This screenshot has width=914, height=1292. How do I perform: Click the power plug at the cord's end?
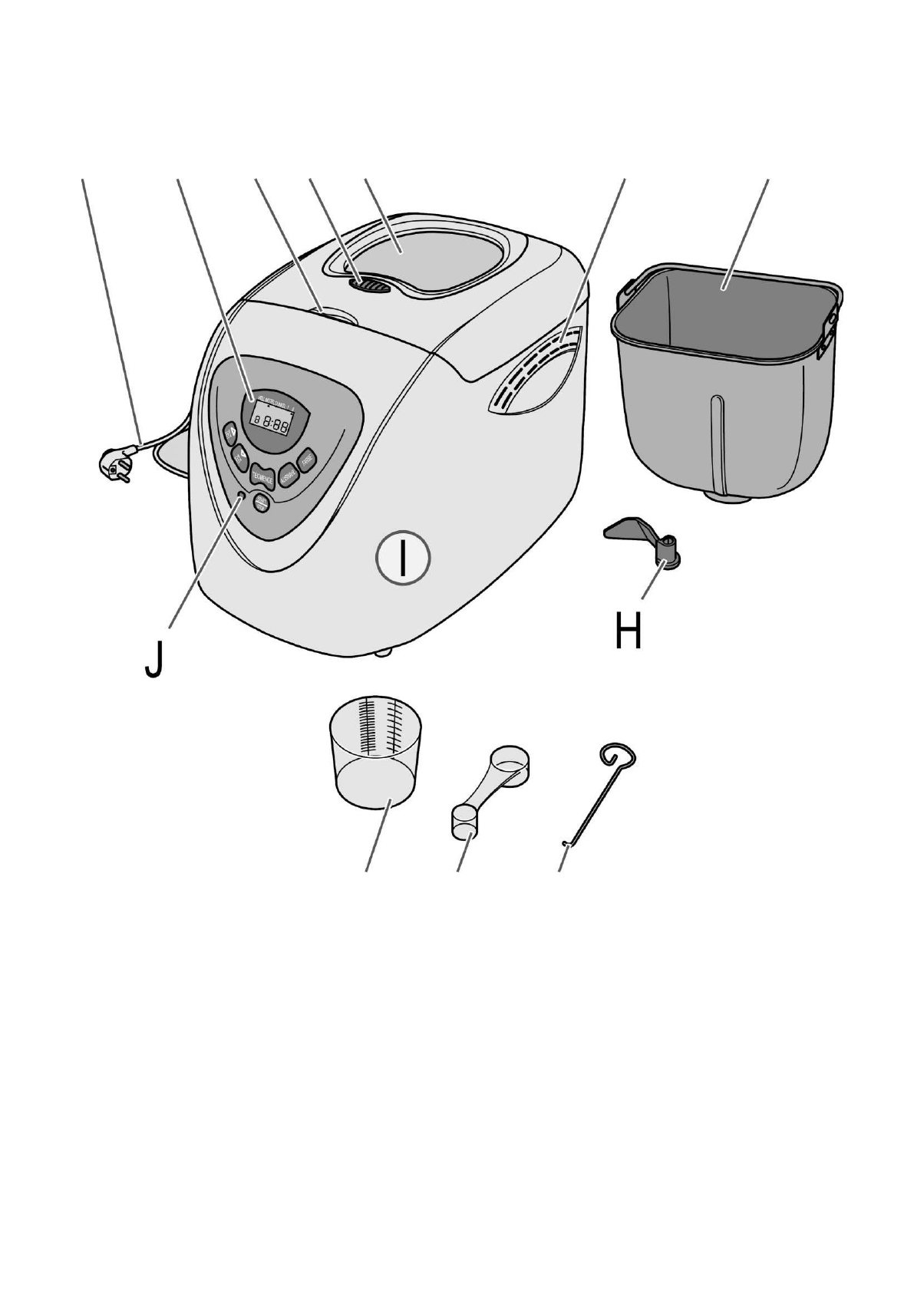click(x=115, y=464)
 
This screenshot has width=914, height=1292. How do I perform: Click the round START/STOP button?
click(x=262, y=504)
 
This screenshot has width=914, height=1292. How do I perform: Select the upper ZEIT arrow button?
click(x=229, y=433)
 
